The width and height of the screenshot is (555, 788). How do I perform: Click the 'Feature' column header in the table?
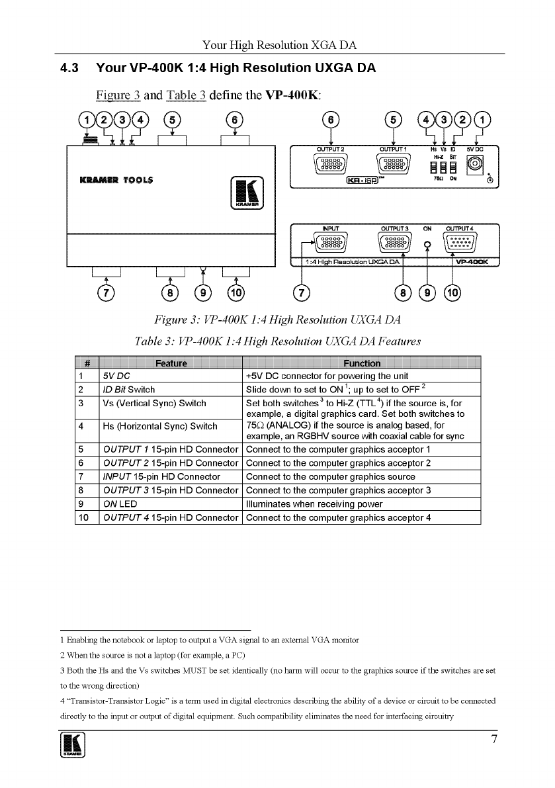point(171,363)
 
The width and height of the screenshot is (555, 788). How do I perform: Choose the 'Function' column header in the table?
point(362,363)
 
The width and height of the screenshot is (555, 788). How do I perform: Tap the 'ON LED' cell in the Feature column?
point(120,503)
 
